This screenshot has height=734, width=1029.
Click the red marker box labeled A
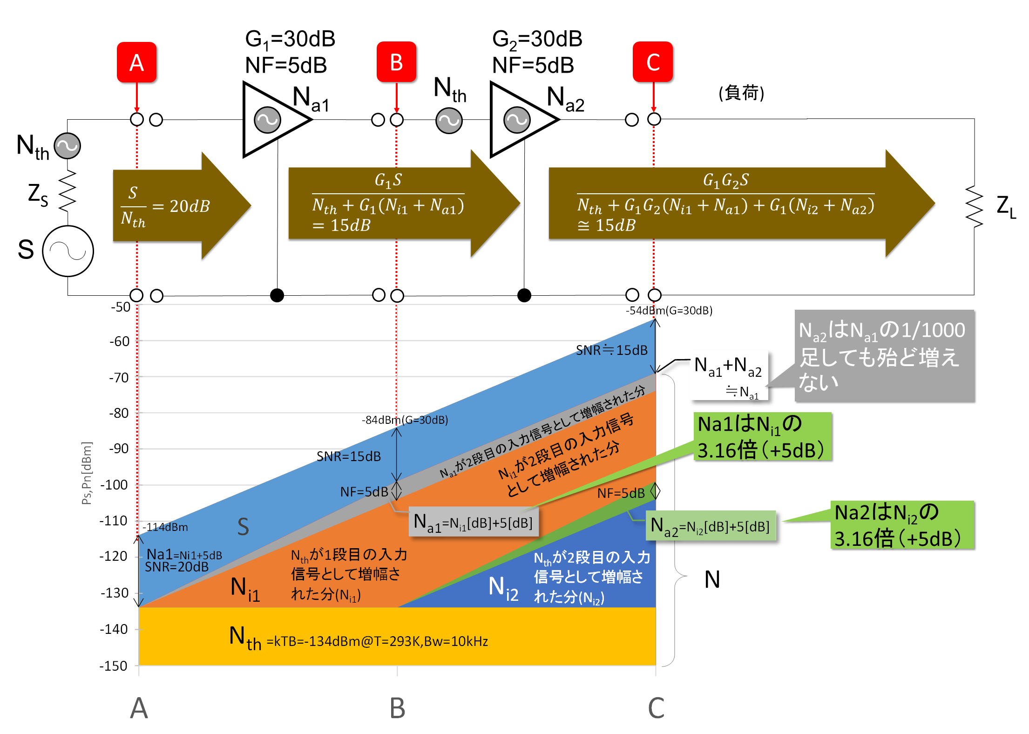coord(136,62)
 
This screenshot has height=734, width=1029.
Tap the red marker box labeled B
coord(396,62)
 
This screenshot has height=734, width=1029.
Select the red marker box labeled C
coord(653,62)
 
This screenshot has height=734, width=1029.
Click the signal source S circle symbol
coord(68,251)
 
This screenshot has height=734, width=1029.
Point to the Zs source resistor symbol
coord(68,190)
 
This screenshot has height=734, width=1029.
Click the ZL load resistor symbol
coord(974,206)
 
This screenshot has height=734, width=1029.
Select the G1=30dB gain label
coord(290,39)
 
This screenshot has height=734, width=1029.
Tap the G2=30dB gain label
coord(537,39)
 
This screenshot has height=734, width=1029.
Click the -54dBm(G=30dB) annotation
coord(669,311)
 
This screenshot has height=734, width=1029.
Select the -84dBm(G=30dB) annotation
coord(405,420)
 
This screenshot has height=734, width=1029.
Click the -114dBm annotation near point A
coord(165,527)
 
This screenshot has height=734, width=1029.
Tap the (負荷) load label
coord(741,93)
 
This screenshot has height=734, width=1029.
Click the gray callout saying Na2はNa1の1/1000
coord(885,356)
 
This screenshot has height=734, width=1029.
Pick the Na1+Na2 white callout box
coord(729,375)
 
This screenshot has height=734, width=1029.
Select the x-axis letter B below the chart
coord(397,708)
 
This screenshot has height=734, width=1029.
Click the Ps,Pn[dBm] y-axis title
coord(87,473)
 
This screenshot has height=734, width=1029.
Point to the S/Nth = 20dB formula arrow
coord(182,205)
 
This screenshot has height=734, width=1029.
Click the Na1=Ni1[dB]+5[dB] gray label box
coord(474,522)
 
